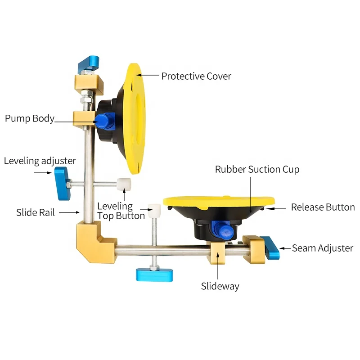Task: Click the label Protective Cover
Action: click(196, 76)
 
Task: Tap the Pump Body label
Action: click(30, 118)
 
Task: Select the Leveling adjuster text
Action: click(40, 161)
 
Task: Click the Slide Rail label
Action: click(36, 212)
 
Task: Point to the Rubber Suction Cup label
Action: click(257, 170)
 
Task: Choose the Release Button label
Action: click(323, 207)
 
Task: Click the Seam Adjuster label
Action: click(323, 248)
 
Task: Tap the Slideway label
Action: click(220, 286)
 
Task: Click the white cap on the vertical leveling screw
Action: click(155, 210)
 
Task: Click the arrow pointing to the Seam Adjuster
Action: click(284, 248)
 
